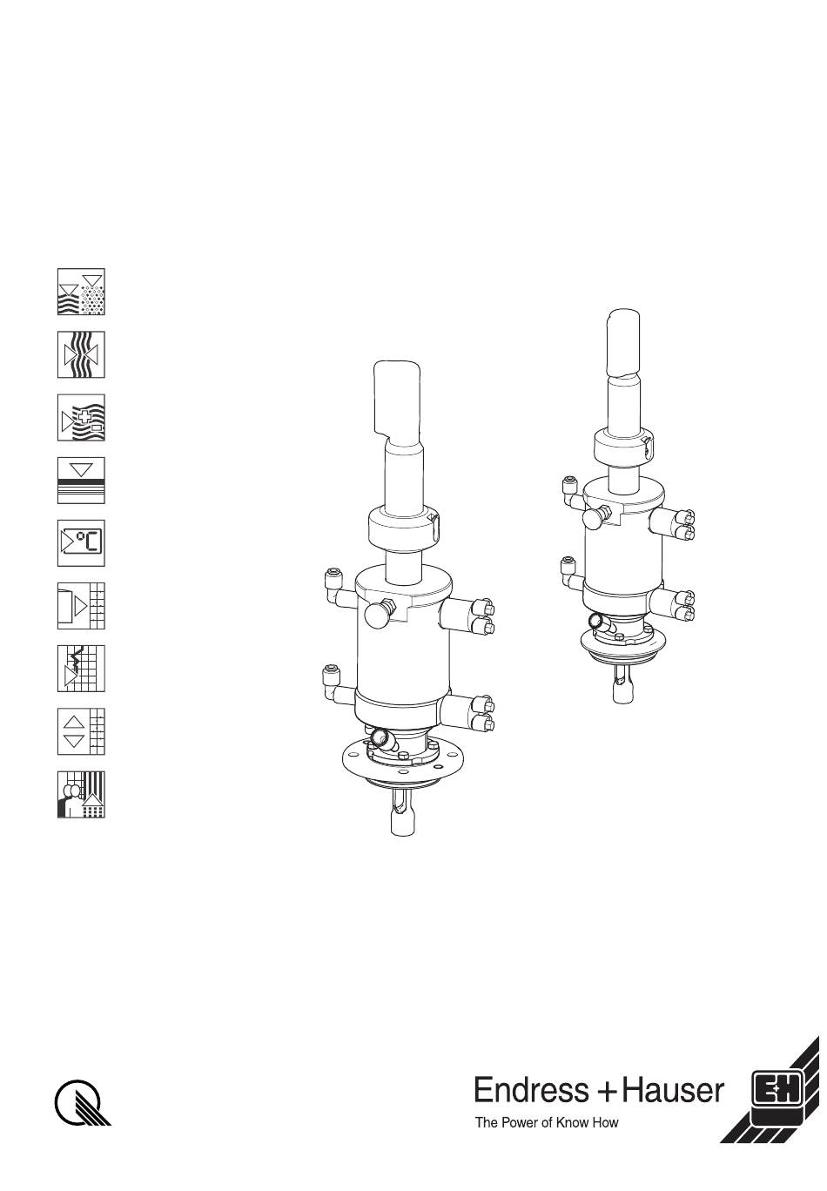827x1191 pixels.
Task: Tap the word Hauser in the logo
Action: click(x=673, y=1091)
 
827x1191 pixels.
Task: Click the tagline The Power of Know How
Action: click(x=547, y=1123)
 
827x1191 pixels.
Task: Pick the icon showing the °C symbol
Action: click(x=81, y=543)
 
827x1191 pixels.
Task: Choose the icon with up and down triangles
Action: click(x=81, y=731)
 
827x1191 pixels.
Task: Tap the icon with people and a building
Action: click(x=81, y=794)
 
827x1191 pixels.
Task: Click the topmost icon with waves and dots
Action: click(x=81, y=292)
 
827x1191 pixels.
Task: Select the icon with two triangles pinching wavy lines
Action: click(x=81, y=354)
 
